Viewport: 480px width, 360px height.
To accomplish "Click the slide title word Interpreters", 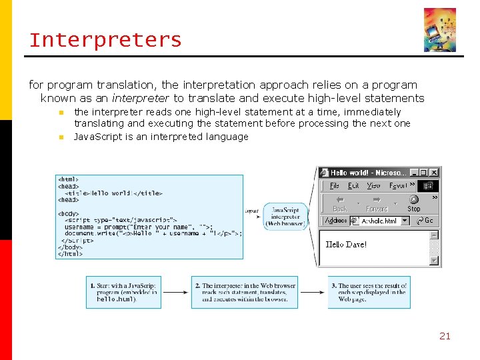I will pyautogui.click(x=105, y=40).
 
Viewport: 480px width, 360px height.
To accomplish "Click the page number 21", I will pyautogui.click(x=445, y=336).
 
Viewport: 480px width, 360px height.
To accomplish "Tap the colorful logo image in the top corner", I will pyautogui.click(x=440, y=30).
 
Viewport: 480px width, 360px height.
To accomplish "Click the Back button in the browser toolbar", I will pyautogui.click(x=340, y=203).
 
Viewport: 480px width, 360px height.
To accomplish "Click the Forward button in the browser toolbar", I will pyautogui.click(x=377, y=203).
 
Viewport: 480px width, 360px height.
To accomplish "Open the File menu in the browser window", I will pyautogui.click(x=335, y=185).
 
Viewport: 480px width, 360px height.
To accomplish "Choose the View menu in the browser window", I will pyautogui.click(x=374, y=185).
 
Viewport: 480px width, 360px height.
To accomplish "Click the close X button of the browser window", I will pyautogui.click(x=434, y=172).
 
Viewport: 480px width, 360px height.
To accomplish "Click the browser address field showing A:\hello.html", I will pyautogui.click(x=379, y=221).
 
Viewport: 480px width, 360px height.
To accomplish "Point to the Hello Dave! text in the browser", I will pyautogui.click(x=346, y=245).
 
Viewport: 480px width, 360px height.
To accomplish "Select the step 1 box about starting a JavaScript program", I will pyautogui.click(x=123, y=292).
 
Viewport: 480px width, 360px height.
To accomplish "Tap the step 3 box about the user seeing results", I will pyautogui.click(x=369, y=292).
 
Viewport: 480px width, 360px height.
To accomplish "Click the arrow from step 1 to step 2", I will pyautogui.click(x=176, y=292).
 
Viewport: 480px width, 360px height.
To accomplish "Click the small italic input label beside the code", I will pyautogui.click(x=252, y=211).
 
